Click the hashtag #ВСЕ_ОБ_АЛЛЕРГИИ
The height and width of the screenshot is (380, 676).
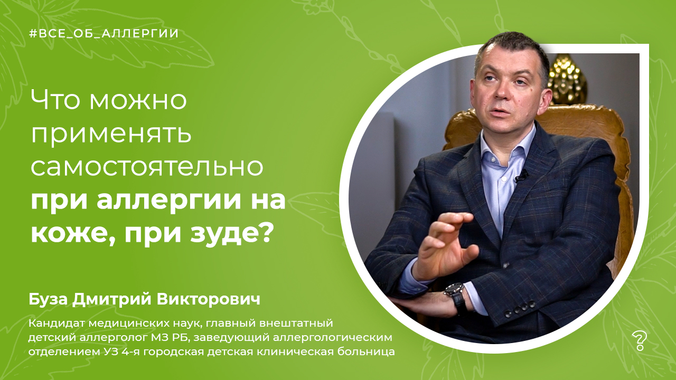pyautogui.click(x=104, y=33)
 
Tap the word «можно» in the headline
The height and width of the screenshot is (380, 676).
pyautogui.click(x=138, y=100)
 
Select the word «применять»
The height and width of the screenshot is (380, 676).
pyautogui.click(x=111, y=135)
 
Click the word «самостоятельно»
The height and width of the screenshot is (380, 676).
pyautogui.click(x=147, y=167)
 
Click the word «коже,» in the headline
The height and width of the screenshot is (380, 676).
pyautogui.click(x=73, y=234)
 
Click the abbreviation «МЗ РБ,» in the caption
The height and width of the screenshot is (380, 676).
pyautogui.click(x=170, y=338)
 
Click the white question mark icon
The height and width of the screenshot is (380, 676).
pyautogui.click(x=639, y=341)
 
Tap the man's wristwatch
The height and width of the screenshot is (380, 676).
pyautogui.click(x=455, y=297)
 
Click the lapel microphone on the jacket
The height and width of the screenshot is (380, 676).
pyautogui.click(x=522, y=176)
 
